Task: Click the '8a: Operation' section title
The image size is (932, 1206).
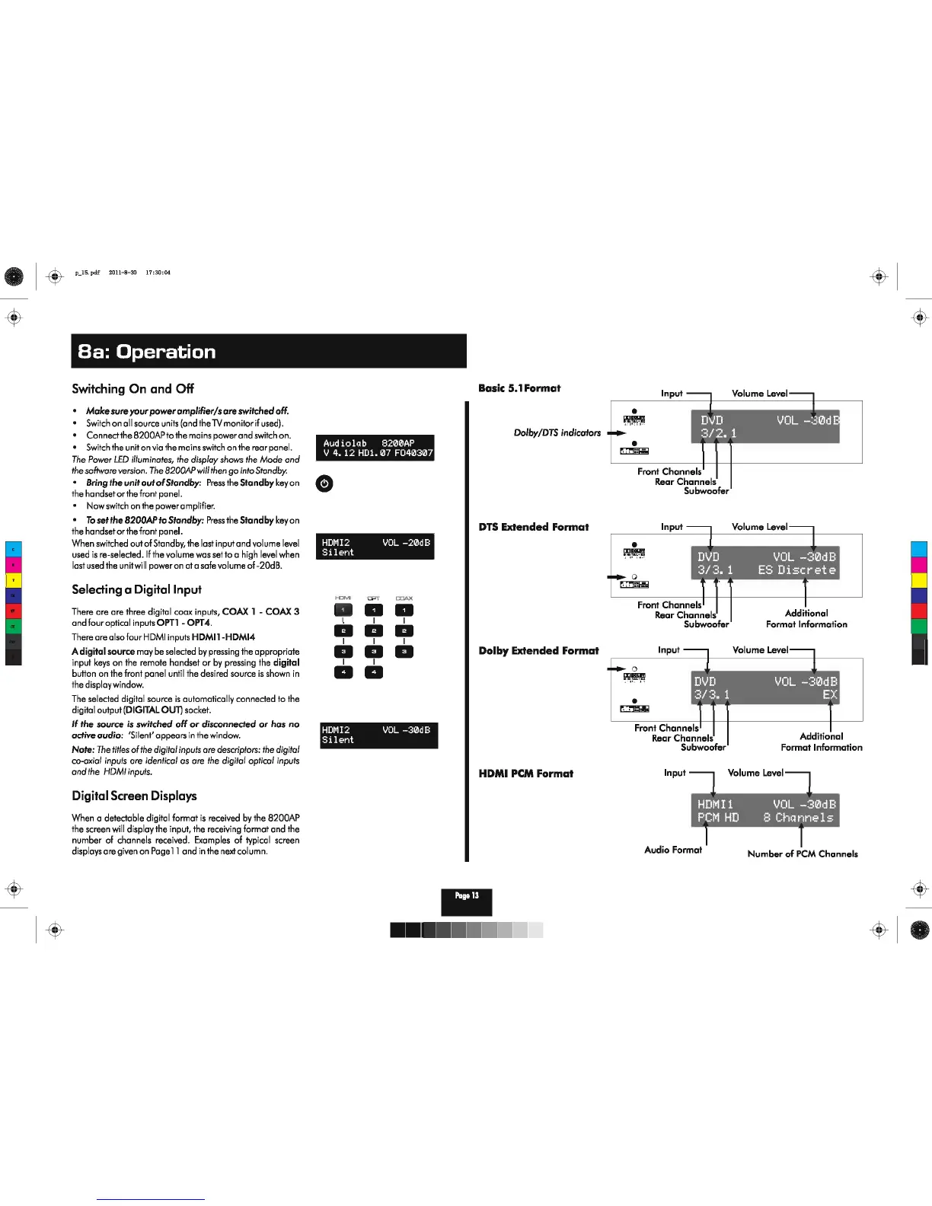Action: coord(147,352)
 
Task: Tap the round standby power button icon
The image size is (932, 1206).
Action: coord(324,483)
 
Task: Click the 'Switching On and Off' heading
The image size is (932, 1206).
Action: coord(132,389)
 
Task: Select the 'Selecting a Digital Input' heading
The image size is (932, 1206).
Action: coord(136,589)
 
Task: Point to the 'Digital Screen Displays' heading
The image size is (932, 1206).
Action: coord(134,796)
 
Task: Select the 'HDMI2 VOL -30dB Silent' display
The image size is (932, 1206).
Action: coord(378,735)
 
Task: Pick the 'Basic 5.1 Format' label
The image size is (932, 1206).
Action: coord(519,388)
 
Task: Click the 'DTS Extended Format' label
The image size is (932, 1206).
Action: coord(533,527)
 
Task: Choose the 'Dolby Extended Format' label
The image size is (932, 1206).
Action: coord(538,651)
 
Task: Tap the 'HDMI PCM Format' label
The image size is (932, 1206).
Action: coord(525,774)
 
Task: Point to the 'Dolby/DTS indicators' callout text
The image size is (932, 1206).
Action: coord(557,432)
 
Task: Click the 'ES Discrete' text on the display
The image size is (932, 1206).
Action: coord(796,570)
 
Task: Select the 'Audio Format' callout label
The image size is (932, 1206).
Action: coord(673,850)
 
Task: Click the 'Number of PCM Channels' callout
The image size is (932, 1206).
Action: coord(803,853)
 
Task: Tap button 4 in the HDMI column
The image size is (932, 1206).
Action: coord(343,672)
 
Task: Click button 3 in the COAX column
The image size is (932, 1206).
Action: coord(404,652)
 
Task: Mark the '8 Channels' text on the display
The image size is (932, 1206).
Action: coord(798,818)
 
